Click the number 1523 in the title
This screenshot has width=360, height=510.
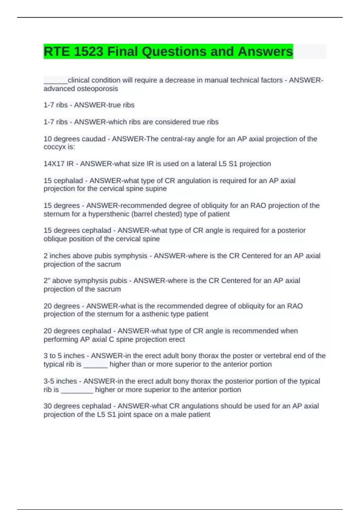point(88,51)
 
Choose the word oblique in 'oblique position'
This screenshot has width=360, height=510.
point(54,239)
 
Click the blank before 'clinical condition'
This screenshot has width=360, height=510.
point(55,80)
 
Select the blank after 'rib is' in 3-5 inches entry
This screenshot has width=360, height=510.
point(77,390)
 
